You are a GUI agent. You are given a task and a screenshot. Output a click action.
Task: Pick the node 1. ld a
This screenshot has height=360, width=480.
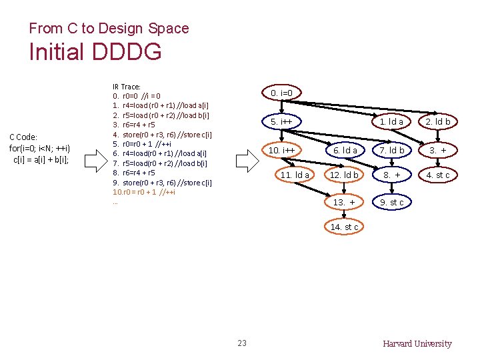(x=391, y=122)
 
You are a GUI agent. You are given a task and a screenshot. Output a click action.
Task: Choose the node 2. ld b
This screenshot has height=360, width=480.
(x=438, y=122)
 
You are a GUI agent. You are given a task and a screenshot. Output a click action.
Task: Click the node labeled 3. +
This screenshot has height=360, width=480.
(x=438, y=151)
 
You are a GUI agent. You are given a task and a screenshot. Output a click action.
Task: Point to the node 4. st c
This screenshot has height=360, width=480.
(x=438, y=175)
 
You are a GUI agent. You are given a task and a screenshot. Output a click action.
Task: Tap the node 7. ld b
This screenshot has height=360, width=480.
(x=392, y=151)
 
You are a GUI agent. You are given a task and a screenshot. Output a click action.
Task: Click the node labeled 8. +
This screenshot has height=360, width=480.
(x=392, y=175)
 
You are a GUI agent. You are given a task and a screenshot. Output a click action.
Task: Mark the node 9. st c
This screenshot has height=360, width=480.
(x=392, y=202)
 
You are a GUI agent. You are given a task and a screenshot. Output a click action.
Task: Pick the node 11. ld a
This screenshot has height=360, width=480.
(x=295, y=175)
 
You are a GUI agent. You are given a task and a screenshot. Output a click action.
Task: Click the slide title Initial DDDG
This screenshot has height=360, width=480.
(x=95, y=52)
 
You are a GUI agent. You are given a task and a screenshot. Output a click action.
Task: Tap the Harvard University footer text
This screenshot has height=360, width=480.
(x=417, y=344)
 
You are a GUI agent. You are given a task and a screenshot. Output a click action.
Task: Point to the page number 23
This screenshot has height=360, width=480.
(x=242, y=343)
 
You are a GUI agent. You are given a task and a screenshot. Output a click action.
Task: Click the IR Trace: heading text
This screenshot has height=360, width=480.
(x=126, y=87)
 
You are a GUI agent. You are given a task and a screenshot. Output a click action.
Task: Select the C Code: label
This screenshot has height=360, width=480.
(x=23, y=137)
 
